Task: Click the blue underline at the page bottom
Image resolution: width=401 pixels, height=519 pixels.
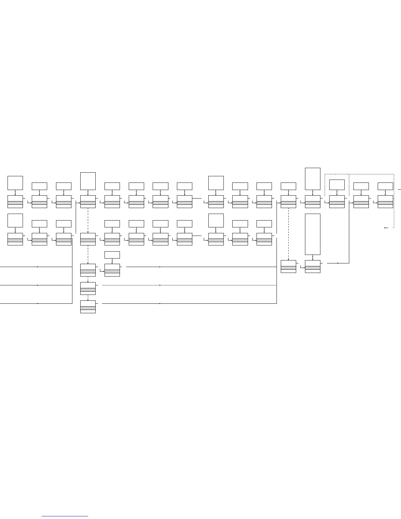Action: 65,516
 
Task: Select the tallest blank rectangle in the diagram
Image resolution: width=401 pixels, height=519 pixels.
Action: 313,234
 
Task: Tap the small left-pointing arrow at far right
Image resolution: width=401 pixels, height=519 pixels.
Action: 386,227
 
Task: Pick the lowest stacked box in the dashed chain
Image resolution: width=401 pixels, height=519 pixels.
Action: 88,307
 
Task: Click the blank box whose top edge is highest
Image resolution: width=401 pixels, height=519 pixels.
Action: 313,179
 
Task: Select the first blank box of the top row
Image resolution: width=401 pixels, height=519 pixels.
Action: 15,183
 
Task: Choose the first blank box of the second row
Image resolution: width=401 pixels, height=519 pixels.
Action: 15,220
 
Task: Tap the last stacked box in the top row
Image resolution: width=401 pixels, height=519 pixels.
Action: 385,202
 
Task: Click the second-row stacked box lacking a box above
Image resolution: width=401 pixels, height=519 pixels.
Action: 88,239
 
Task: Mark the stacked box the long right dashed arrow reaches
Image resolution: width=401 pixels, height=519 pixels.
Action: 288,266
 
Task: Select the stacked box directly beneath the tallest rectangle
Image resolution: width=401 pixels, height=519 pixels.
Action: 313,266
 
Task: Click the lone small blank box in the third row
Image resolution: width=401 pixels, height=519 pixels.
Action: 112,255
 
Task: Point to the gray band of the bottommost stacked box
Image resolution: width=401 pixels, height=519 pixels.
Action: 88,308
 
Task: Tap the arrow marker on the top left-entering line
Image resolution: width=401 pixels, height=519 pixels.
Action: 37,267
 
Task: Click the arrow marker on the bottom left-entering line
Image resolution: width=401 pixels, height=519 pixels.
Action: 37,303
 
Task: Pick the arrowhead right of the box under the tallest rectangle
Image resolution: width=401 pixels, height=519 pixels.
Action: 338,263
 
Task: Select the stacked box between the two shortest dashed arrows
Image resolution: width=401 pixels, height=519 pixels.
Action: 88,288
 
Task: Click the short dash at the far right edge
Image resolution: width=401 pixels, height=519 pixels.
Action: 399,190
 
